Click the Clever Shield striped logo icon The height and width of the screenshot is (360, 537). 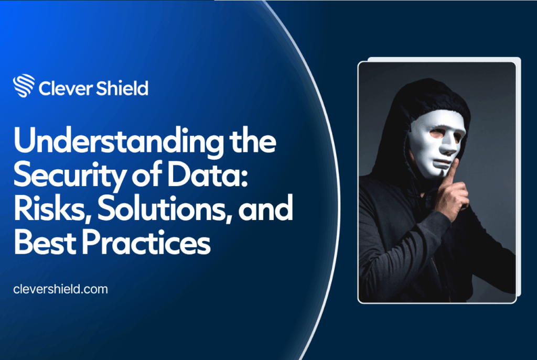(24, 86)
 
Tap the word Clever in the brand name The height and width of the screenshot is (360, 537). (66, 88)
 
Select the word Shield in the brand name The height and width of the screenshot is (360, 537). (122, 88)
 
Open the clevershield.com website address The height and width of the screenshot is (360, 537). (61, 289)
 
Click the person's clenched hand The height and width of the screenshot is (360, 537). (452, 197)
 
